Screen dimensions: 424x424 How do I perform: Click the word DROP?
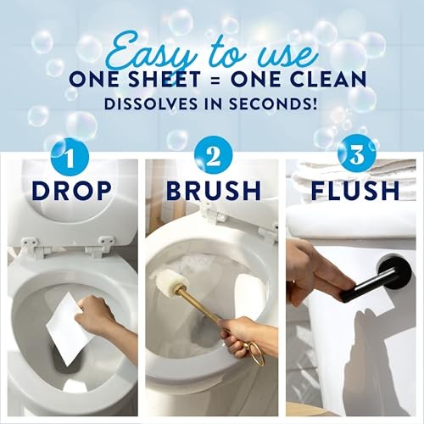pyautogui.click(x=72, y=191)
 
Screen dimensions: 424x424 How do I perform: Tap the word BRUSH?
pyautogui.click(x=214, y=191)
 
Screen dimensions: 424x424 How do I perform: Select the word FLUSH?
pyautogui.click(x=355, y=191)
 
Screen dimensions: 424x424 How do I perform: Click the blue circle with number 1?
pyautogui.click(x=70, y=156)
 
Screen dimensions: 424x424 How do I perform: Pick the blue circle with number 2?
pyautogui.click(x=214, y=156)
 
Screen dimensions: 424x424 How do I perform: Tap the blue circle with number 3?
pyautogui.click(x=357, y=156)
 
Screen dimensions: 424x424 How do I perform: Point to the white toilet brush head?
pyautogui.click(x=169, y=278)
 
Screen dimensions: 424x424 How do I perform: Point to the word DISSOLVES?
pyautogui.click(x=151, y=103)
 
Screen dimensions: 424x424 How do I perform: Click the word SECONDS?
pyautogui.click(x=272, y=103)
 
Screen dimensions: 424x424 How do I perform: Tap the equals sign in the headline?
pyautogui.click(x=215, y=80)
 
